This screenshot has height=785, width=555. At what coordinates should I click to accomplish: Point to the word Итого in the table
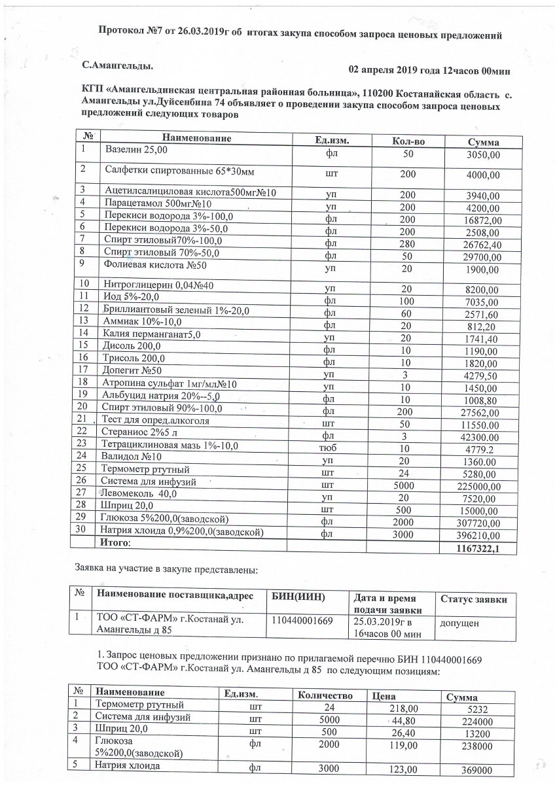[115, 543]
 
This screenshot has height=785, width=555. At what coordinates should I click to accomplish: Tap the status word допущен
[459, 623]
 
